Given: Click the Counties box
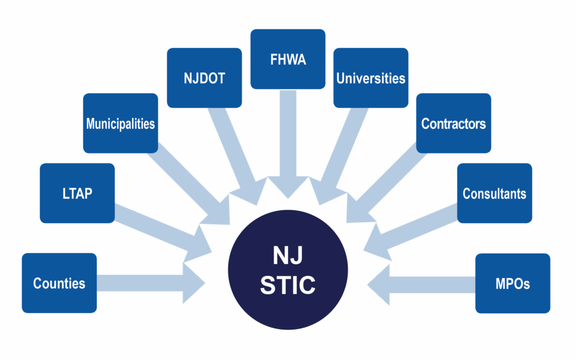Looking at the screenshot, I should click(59, 283).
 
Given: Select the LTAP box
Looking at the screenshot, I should click(77, 193).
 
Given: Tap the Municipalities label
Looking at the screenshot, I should click(121, 124).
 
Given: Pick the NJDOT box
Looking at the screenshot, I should click(204, 78).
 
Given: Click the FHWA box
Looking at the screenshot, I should click(288, 59).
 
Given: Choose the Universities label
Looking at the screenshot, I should click(371, 78).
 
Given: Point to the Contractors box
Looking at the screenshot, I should click(453, 124).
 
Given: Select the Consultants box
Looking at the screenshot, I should click(494, 193).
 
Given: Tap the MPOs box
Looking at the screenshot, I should click(513, 283).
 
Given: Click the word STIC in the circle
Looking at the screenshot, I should click(288, 285).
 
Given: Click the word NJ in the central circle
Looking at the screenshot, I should click(288, 257).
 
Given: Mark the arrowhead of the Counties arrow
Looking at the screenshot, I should click(195, 283).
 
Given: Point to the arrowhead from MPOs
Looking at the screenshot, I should click(378, 283).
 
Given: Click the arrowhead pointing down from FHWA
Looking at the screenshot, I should click(288, 187).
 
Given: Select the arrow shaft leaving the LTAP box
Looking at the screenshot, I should click(155, 224).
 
